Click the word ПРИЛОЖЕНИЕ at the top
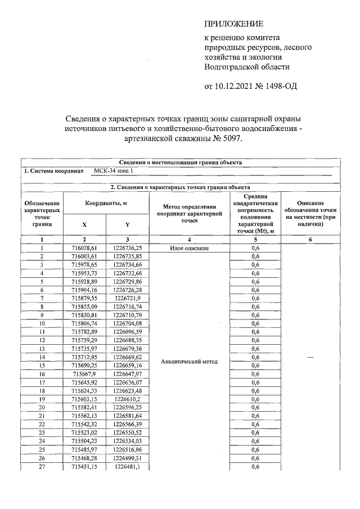[x=233, y=24]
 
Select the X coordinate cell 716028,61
[x=84, y=248]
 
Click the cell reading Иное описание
[x=190, y=248]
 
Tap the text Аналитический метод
[x=189, y=361]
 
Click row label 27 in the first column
[x=42, y=466]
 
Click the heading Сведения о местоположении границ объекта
[x=181, y=162]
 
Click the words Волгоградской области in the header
[x=247, y=66]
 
